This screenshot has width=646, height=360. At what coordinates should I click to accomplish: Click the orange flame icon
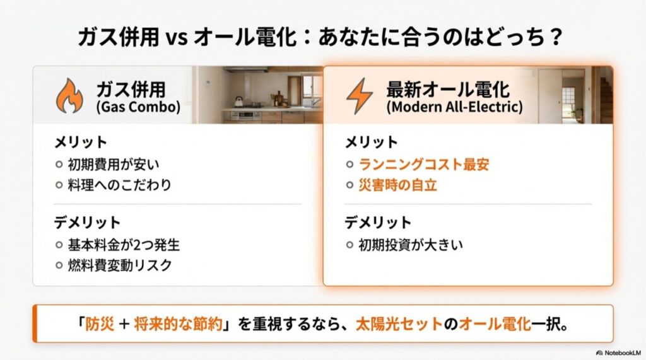click(x=69, y=95)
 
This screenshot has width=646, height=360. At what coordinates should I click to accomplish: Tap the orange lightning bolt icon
click(x=360, y=95)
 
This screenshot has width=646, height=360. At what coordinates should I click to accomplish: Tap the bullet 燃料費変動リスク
click(x=119, y=265)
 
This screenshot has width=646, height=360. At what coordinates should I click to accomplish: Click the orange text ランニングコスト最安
click(x=424, y=165)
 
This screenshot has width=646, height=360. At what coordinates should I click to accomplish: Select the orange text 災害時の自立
click(x=398, y=185)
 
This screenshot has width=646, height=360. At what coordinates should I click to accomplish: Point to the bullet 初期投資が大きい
click(x=411, y=244)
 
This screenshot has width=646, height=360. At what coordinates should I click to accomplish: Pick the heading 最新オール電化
click(x=448, y=88)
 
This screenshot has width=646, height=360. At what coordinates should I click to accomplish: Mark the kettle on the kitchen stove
click(x=238, y=102)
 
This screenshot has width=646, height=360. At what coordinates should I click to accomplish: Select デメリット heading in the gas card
click(x=86, y=222)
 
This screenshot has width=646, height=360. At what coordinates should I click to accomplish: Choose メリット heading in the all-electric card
click(x=371, y=142)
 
